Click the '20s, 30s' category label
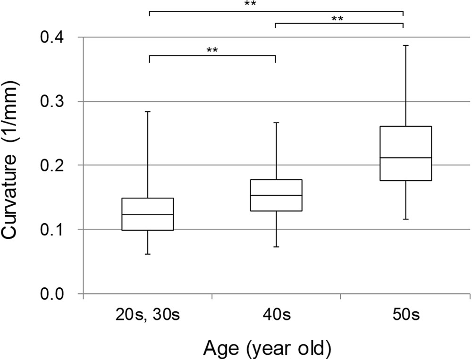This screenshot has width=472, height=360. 147,316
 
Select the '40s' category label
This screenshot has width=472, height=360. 276,316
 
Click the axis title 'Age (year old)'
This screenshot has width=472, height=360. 267,349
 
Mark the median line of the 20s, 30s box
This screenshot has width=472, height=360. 148,215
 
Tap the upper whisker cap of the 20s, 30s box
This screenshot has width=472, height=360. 148,111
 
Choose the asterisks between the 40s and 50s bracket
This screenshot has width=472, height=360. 337,19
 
